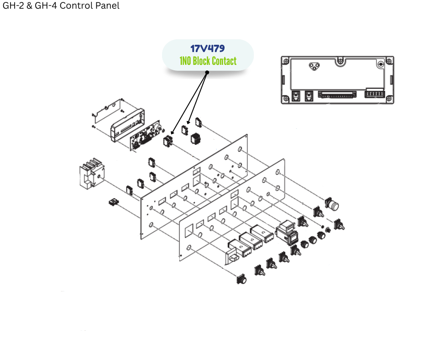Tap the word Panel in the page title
pyautogui.click(x=106, y=6)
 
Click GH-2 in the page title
pyautogui.click(x=12, y=6)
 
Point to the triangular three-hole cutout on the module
pyautogui.click(x=313, y=67)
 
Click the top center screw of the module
pyautogui.click(x=340, y=60)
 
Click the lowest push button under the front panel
pyautogui.click(x=241, y=279)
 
